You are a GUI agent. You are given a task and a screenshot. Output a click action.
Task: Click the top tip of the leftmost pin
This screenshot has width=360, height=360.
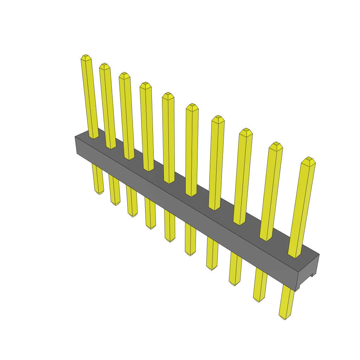(x=86, y=57)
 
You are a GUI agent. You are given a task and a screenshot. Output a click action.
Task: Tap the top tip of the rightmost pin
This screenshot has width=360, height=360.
(x=309, y=159)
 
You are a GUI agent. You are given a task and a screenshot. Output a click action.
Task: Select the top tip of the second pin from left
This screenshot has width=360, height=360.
(x=104, y=66)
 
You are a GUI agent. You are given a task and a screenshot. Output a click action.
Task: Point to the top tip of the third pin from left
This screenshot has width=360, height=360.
(x=124, y=75)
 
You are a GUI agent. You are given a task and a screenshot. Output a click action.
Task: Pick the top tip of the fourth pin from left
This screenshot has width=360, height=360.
(x=146, y=85)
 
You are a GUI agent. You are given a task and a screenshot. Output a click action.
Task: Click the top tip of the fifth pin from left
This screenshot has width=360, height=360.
(x=168, y=95)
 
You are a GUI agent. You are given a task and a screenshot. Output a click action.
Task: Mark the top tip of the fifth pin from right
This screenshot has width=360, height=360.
(x=192, y=106)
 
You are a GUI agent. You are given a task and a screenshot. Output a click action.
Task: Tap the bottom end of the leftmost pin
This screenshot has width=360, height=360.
(x=99, y=193)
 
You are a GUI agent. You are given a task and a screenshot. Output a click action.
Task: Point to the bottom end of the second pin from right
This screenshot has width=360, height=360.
(x=258, y=300)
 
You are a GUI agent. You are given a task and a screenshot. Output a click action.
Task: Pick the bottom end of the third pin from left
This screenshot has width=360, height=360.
(x=133, y=215)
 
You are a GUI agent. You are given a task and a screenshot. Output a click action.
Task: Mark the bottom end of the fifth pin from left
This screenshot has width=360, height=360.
(x=170, y=240)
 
